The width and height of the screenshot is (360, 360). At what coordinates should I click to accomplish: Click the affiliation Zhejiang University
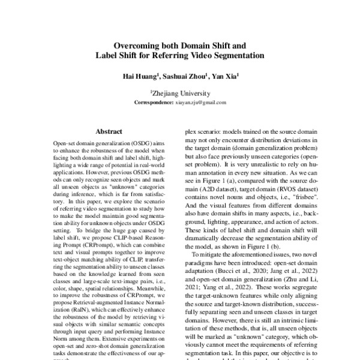[x=181, y=94]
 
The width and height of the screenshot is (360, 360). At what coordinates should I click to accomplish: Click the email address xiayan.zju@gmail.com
[x=202, y=103]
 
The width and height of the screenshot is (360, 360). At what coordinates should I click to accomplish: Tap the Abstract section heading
[x=109, y=131]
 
